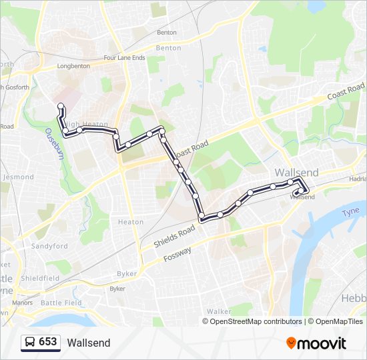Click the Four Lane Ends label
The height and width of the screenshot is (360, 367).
coord(125,58)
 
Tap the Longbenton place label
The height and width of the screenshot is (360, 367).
coord(73,67)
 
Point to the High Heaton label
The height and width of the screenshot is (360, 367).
coord(85,124)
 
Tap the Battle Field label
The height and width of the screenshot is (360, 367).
coord(61,303)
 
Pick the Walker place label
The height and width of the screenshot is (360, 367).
coord(219,311)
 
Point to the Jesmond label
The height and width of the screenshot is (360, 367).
coord(18,177)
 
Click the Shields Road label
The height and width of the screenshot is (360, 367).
coord(174,236)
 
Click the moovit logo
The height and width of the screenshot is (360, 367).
coord(316,343)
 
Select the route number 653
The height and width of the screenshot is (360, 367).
coord(47,342)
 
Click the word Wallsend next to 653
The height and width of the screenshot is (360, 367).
coord(89,343)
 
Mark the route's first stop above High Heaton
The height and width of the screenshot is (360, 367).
coord(61,105)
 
